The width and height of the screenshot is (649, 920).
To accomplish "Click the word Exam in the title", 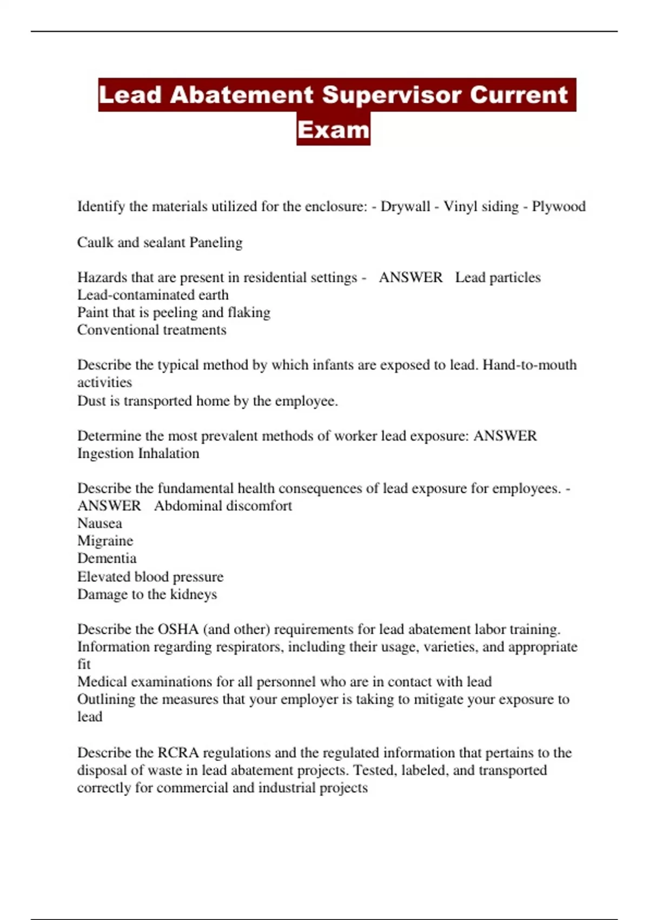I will pyautogui.click(x=333, y=130).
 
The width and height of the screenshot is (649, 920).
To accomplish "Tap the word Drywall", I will pyautogui.click(x=405, y=207).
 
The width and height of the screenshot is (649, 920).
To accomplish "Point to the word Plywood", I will pyautogui.click(x=559, y=207).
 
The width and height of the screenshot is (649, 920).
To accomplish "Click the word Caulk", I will pyautogui.click(x=95, y=242).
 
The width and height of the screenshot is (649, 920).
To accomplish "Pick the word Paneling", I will pyautogui.click(x=216, y=242).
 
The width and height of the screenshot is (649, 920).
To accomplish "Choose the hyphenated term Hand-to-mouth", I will pyautogui.click(x=529, y=365).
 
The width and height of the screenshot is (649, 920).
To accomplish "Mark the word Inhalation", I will pyautogui.click(x=170, y=454).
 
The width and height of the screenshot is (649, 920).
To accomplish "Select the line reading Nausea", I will pyautogui.click(x=100, y=523).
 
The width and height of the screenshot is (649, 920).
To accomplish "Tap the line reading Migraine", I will pyautogui.click(x=105, y=541).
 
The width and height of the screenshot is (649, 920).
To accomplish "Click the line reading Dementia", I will pyautogui.click(x=107, y=558).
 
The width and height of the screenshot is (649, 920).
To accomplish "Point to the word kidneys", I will pyautogui.click(x=193, y=594).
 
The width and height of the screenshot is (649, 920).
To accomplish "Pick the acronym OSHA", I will pyautogui.click(x=178, y=629).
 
